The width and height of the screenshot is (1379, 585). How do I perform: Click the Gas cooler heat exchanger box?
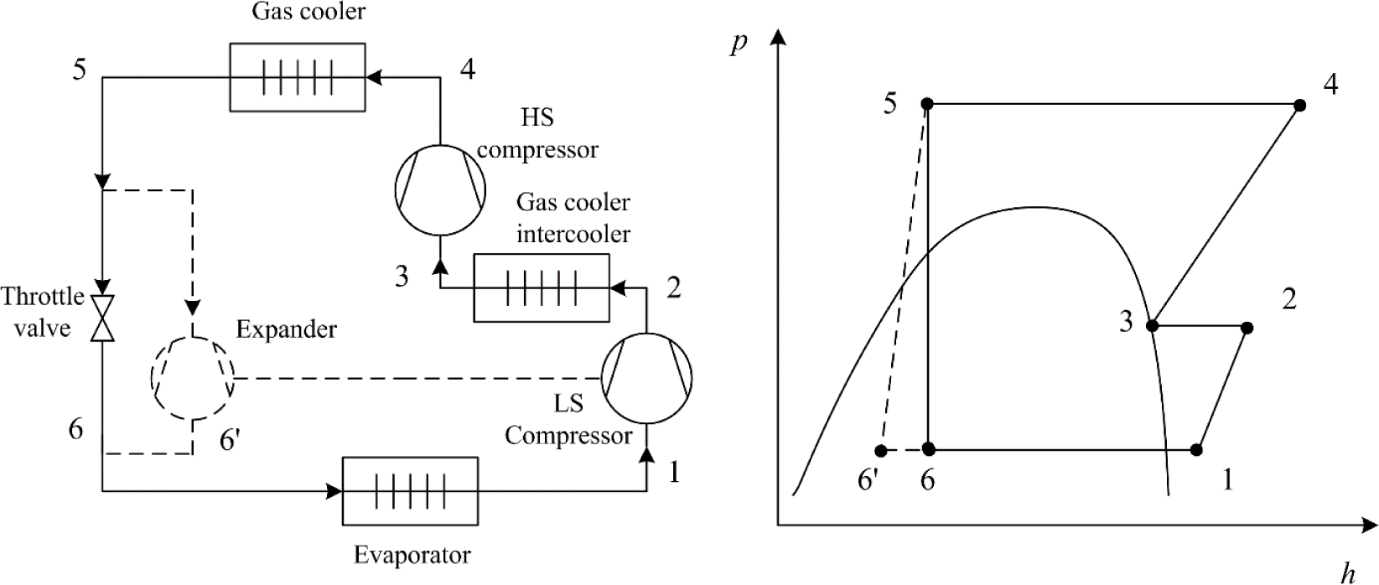(297, 77)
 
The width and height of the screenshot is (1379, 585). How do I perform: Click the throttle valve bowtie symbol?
(102, 318)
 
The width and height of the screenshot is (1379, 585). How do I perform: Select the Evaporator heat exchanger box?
(409, 489)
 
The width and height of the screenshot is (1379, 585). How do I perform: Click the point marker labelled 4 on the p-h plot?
(1299, 106)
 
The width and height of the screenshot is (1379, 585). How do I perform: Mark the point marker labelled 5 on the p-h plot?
(927, 104)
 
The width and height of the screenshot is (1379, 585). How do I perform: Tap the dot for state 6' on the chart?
(880, 450)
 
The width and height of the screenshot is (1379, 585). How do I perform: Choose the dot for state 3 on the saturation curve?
(1153, 325)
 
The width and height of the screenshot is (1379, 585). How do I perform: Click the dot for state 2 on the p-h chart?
(1247, 328)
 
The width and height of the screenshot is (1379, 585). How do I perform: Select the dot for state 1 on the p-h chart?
(1197, 450)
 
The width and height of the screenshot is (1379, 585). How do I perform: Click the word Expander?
(286, 329)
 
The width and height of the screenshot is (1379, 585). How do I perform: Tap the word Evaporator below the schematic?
(412, 555)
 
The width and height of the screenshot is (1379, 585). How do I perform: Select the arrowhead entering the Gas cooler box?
(374, 77)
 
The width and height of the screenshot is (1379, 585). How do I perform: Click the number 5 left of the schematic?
(79, 70)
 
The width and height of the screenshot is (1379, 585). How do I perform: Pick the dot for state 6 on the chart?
(928, 449)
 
